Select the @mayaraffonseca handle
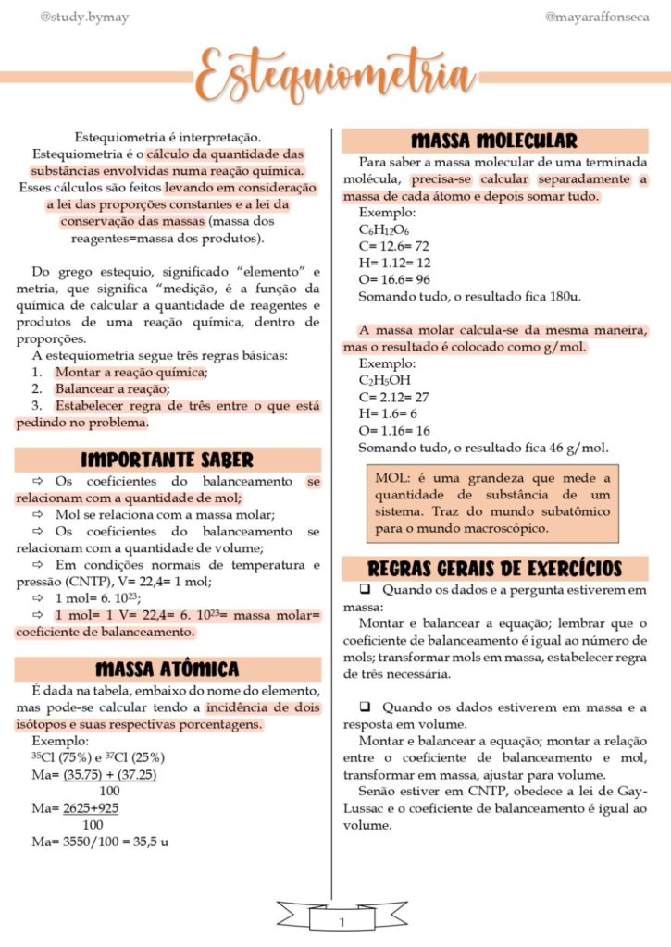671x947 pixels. (597, 17)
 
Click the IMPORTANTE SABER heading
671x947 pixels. (168, 460)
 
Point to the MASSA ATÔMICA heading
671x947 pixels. (168, 669)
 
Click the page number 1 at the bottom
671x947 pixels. (342, 921)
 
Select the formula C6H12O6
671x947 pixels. (384, 229)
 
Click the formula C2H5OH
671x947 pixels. (385, 380)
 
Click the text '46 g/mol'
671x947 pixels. (579, 448)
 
